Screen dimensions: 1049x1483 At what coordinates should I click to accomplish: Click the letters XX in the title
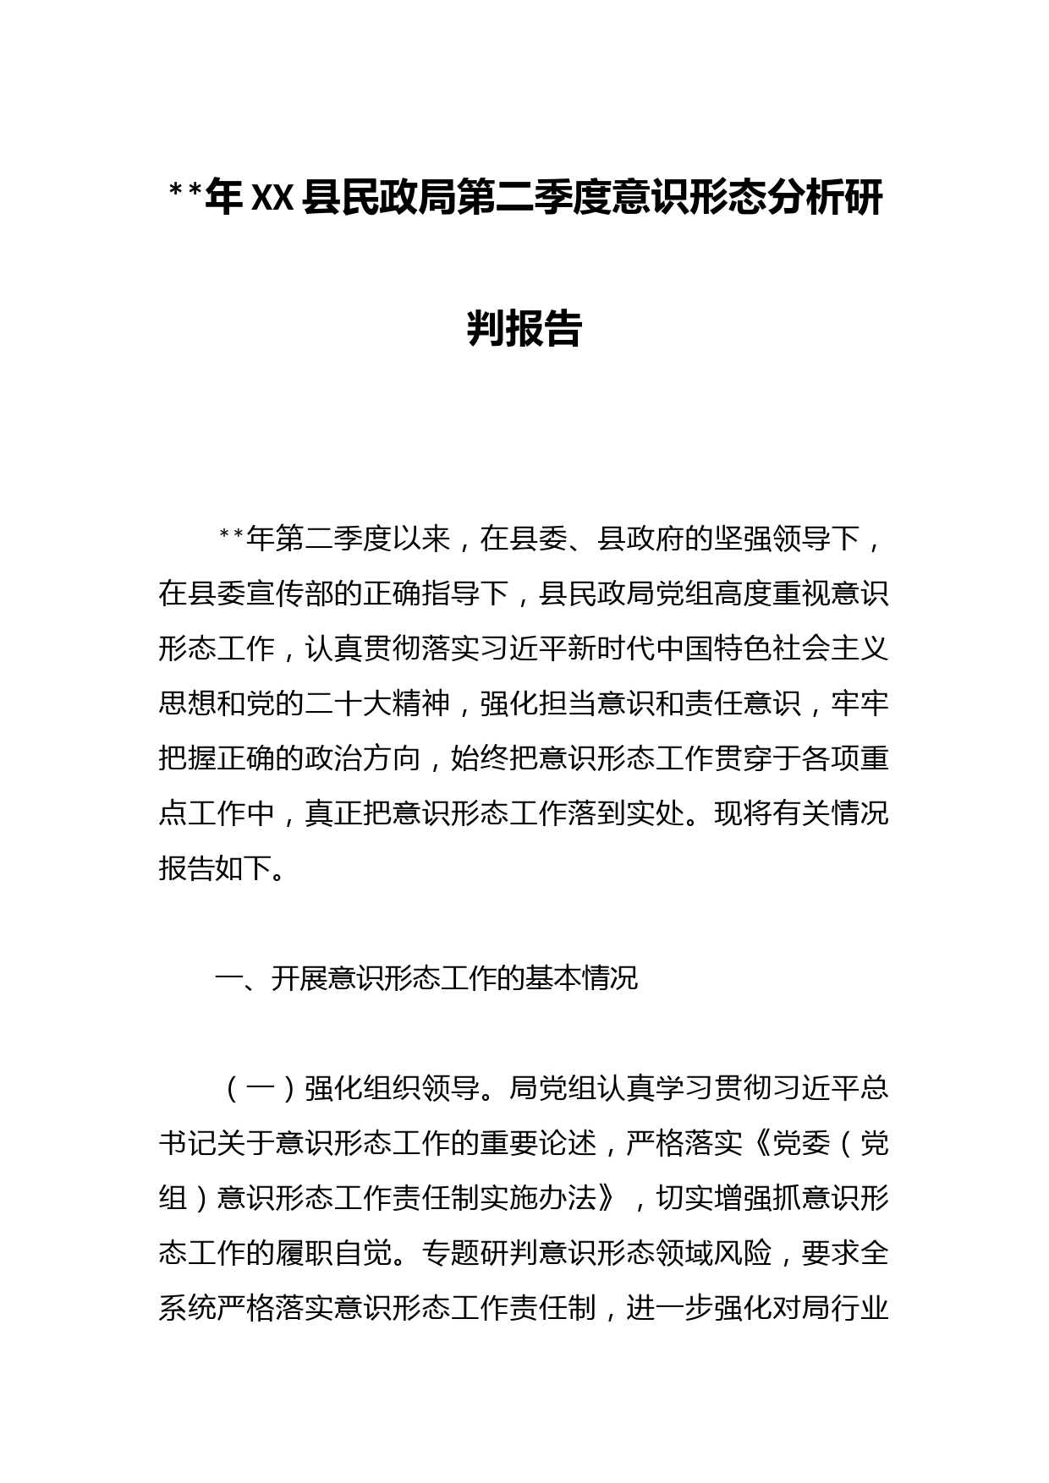[272, 200]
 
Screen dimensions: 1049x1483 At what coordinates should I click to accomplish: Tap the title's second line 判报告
[524, 328]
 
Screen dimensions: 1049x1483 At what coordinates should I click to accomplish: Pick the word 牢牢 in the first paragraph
[860, 703]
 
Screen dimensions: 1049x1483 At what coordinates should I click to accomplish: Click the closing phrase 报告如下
[217, 868]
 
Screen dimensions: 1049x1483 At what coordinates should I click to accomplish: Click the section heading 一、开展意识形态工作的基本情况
[426, 978]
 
